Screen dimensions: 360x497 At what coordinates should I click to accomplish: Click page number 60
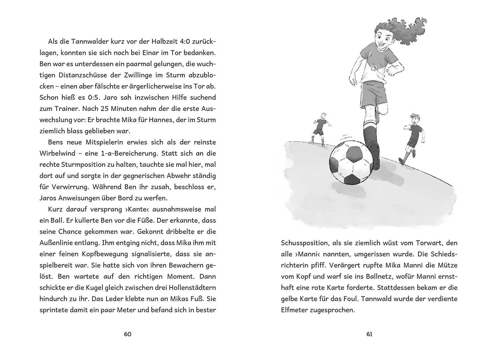pos(128,334)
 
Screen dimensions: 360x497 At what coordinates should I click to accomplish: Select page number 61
pos(369,334)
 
